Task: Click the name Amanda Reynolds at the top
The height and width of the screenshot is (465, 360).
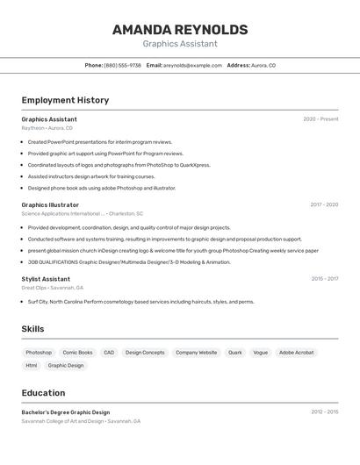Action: point(180,30)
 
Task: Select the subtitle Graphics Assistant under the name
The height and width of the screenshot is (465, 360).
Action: point(180,44)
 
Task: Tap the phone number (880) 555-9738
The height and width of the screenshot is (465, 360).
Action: point(122,66)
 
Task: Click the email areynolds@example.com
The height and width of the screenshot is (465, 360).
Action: point(192,66)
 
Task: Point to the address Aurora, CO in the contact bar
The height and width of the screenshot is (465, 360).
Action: point(263,66)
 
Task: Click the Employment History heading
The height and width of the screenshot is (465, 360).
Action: point(65,100)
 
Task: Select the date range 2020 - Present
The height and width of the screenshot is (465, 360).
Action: point(320,119)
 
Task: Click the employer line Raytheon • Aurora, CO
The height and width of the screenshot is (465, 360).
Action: point(47,128)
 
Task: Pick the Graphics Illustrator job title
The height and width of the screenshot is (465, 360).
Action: point(50,204)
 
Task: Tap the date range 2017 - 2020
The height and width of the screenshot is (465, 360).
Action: point(324,204)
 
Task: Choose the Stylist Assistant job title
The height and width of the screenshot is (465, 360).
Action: point(46,279)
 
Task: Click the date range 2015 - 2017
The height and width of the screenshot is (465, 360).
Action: point(324,279)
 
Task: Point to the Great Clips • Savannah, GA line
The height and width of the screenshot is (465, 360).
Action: point(53,288)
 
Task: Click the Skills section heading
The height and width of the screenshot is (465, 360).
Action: point(33,329)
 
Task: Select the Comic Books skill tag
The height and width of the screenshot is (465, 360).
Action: point(77,353)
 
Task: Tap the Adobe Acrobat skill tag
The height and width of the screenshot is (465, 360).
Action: point(296,353)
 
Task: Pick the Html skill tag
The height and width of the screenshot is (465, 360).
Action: point(32,365)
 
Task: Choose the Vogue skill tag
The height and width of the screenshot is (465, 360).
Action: point(261,353)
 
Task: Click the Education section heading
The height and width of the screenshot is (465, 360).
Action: point(43,393)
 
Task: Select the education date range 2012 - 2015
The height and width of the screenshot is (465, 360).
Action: point(324,411)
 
